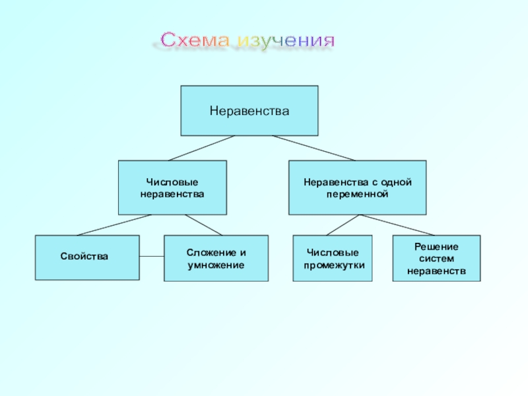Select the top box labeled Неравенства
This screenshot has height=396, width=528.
point(249,110)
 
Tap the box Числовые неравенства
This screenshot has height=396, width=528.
point(172,187)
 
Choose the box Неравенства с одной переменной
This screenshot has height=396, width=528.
point(357,187)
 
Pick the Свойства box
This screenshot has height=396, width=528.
point(87,257)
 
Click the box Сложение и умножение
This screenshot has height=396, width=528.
point(216,258)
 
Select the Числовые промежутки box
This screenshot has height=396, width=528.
point(333,258)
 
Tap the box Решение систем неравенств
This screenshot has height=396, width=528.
point(436,258)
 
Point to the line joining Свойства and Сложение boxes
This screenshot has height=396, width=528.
point(152,256)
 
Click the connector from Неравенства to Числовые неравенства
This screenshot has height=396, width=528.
point(201,148)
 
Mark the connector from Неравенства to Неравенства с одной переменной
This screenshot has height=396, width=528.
point(313,148)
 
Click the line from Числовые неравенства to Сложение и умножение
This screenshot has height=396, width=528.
point(205,225)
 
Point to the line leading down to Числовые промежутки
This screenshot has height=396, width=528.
point(343,225)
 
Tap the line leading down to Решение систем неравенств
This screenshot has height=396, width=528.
point(397,225)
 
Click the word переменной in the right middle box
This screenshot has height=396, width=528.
point(357,195)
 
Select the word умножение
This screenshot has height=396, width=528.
point(216,265)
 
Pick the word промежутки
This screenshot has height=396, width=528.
point(334,265)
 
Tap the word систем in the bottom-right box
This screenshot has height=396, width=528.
point(436,258)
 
